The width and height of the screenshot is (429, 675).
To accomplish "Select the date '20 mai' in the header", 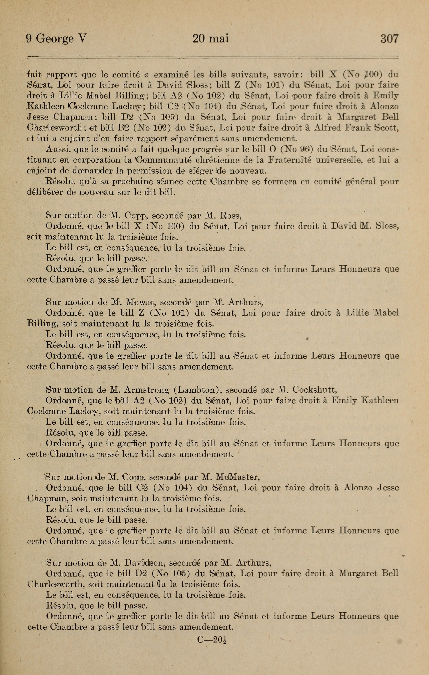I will (x=211, y=38).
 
